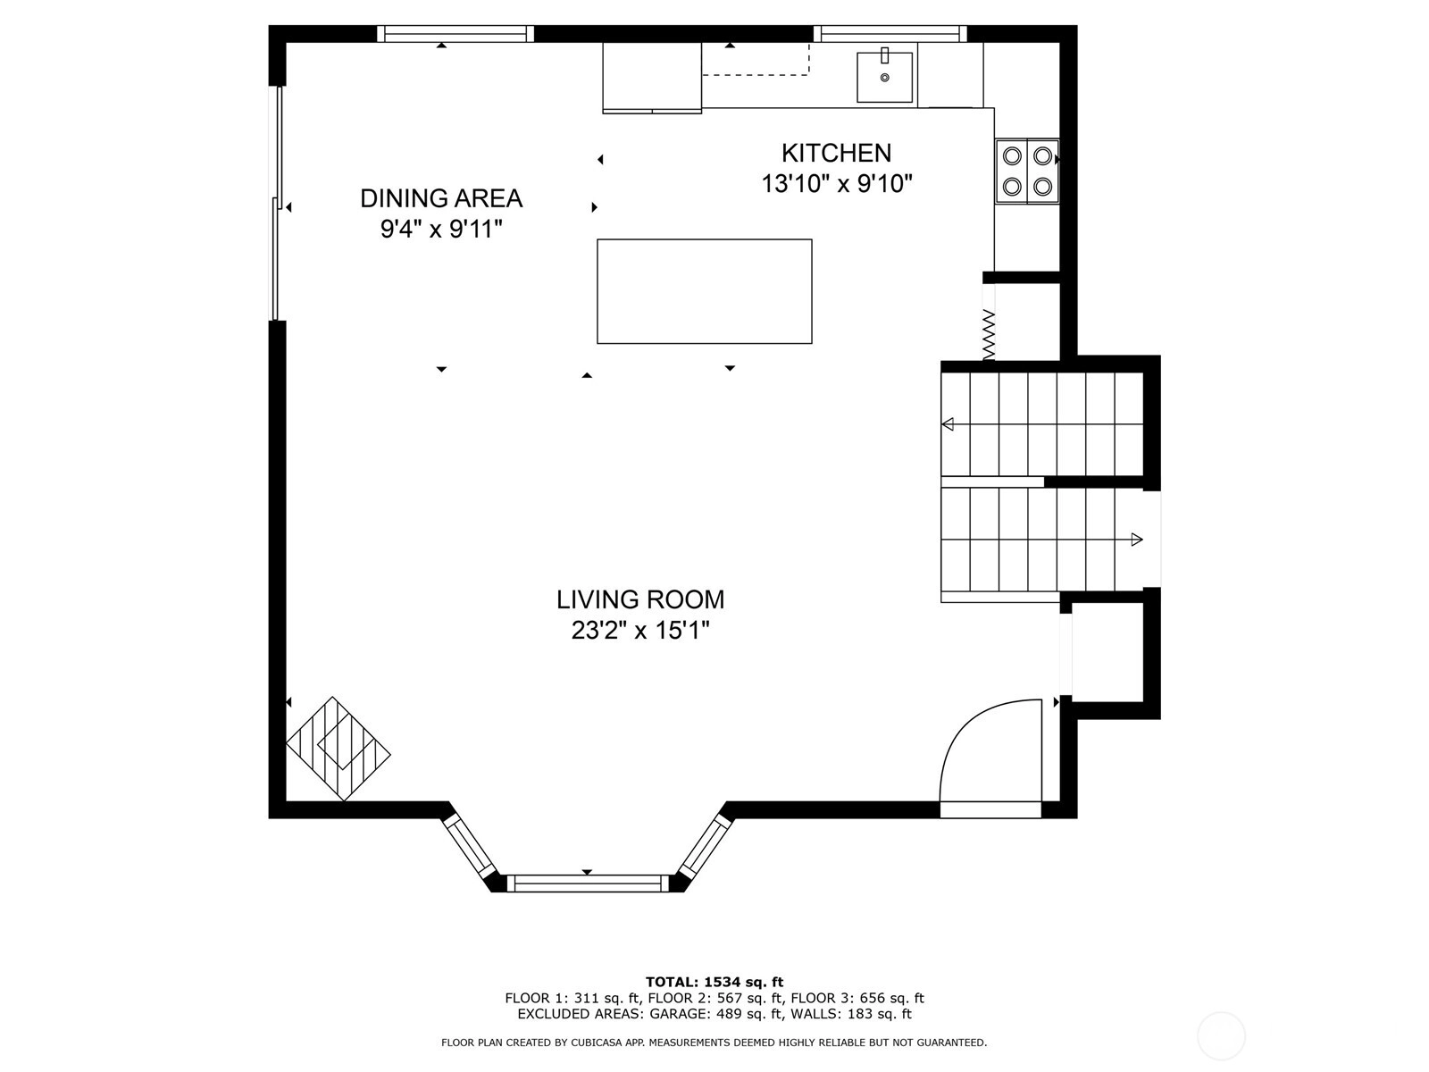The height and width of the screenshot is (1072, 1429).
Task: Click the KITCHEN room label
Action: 836,153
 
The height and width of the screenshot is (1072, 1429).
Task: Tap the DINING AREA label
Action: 441,198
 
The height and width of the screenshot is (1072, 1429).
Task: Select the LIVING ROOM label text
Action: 640,599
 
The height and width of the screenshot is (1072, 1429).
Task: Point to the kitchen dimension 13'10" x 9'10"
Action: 837,184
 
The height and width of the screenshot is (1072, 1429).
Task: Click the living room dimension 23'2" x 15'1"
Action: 640,630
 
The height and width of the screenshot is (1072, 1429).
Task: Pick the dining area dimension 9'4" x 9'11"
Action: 441,229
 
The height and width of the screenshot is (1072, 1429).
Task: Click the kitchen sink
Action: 884,77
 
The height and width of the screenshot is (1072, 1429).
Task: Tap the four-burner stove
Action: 1027,172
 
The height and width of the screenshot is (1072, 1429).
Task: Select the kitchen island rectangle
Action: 705,291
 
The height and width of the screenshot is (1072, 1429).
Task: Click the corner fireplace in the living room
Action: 338,749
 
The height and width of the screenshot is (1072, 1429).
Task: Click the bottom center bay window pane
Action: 587,884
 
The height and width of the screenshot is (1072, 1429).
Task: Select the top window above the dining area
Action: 455,34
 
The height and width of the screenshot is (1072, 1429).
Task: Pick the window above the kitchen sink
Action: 890,34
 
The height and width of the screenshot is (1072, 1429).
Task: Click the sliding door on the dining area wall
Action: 278,203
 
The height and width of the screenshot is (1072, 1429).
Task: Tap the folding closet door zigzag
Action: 989,334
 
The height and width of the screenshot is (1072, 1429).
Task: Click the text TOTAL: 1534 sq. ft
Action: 714,982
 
